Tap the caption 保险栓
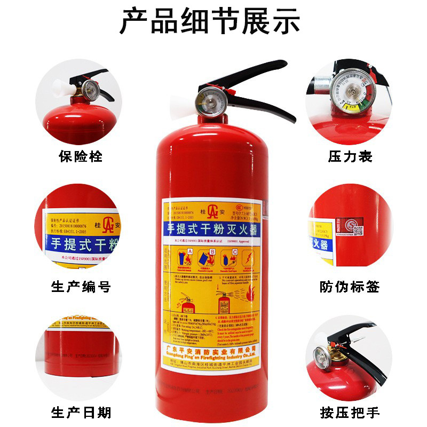80,157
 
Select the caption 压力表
350,157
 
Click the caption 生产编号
81,287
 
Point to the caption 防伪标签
350,287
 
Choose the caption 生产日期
81,413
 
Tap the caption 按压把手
350,413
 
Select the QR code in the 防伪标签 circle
358,231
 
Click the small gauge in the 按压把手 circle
321,356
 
